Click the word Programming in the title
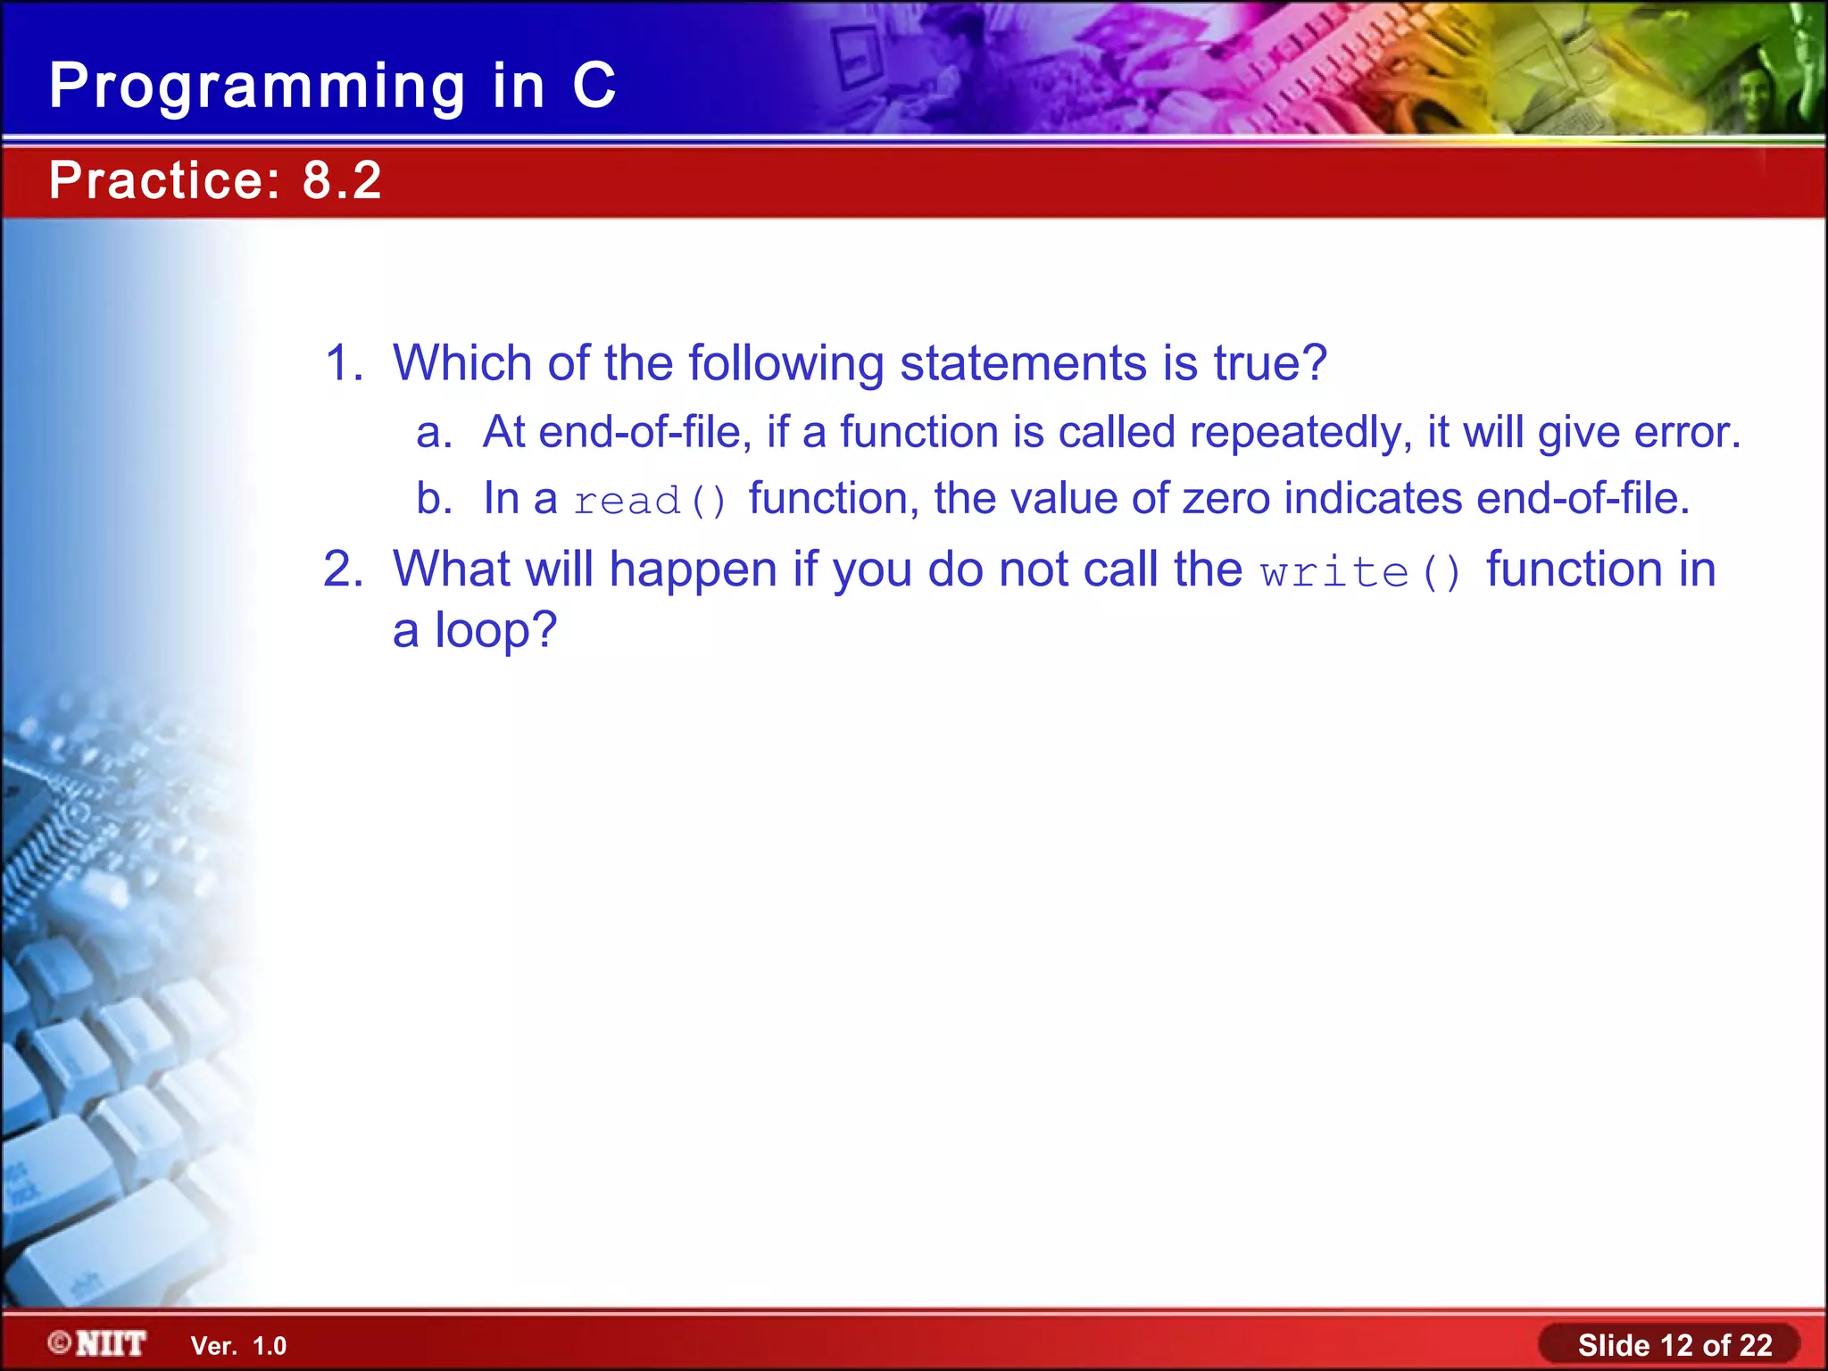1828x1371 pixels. click(257, 87)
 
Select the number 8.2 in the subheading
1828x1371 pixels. click(342, 180)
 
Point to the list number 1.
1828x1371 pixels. click(343, 363)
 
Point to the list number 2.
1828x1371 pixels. click(343, 569)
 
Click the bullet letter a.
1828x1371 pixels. click(434, 433)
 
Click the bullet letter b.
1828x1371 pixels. click(434, 498)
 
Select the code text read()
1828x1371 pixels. click(651, 501)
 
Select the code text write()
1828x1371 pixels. click(1361, 572)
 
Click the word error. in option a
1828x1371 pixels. click(1687, 433)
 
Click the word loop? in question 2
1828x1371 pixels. click(495, 630)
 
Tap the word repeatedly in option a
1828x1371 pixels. click(1300, 433)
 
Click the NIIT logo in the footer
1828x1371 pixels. click(98, 1343)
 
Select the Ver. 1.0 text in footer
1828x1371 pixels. click(238, 1346)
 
